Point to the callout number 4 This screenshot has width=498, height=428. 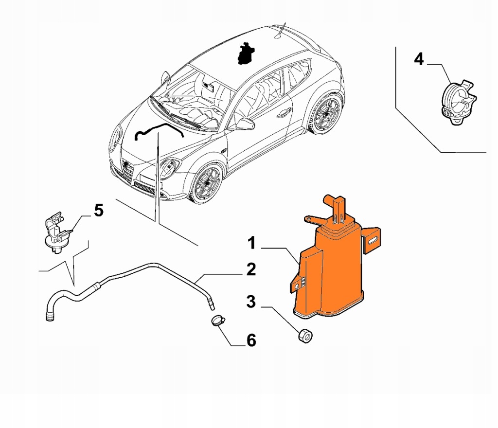419,59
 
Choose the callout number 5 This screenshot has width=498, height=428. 98,211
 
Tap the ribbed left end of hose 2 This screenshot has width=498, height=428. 49,317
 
